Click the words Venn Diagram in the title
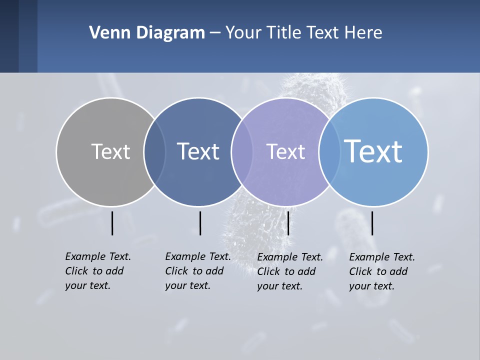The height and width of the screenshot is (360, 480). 147,33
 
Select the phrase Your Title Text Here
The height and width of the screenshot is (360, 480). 303,33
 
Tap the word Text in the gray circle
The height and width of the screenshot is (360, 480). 110,151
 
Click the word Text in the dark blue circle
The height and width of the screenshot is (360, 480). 198,151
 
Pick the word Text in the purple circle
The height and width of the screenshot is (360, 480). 285,151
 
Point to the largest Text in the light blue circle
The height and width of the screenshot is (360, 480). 373,151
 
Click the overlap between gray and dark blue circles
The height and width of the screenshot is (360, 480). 154,152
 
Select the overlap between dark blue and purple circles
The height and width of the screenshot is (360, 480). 241,152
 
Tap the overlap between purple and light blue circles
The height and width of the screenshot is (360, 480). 329,152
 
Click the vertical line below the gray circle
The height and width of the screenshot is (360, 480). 112,223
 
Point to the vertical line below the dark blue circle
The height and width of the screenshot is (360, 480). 200,223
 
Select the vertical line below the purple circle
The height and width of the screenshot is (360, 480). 288,223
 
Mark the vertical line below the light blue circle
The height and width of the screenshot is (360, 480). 372,223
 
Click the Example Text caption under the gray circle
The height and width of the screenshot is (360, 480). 97,271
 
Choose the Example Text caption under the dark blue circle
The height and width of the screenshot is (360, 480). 197,271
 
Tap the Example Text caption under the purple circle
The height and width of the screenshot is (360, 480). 289,271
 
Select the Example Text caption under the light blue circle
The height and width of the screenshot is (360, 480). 381,271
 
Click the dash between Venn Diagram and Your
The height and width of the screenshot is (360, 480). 214,33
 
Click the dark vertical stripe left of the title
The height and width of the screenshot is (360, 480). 9,36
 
